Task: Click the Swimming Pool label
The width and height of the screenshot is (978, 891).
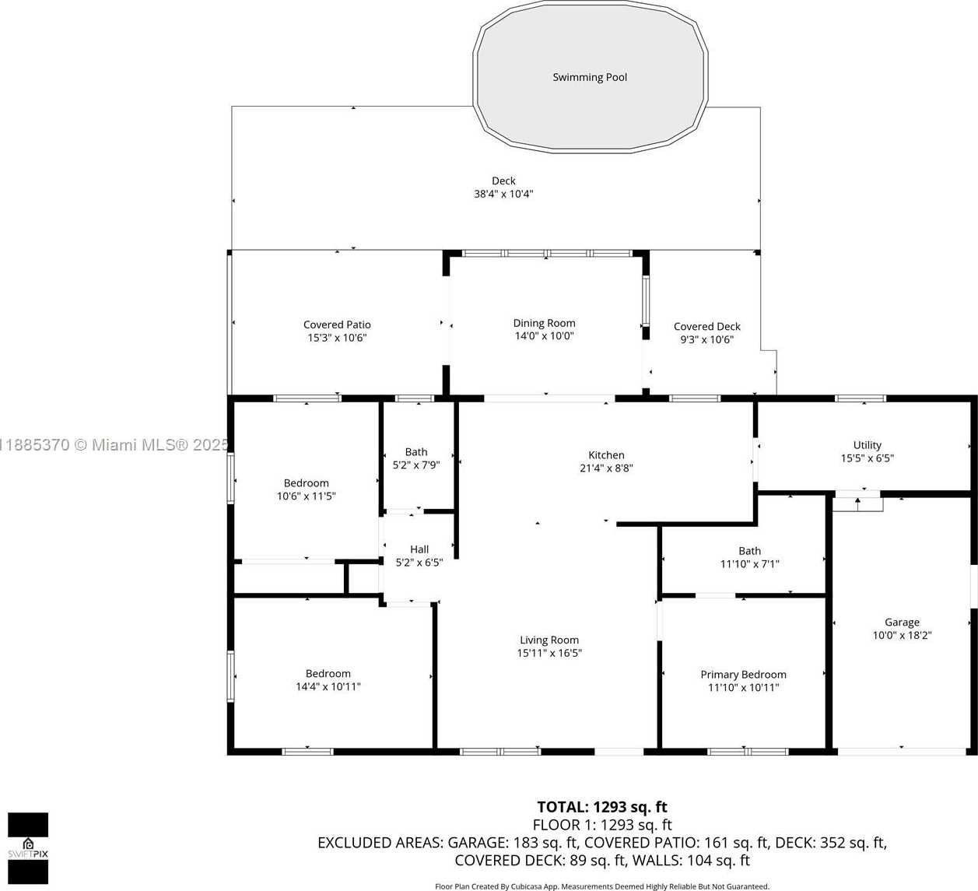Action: click(590, 77)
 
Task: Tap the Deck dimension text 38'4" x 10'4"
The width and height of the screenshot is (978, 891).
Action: click(503, 194)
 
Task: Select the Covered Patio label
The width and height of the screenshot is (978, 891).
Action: click(337, 324)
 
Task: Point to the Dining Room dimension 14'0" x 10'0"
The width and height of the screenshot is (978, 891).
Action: click(544, 335)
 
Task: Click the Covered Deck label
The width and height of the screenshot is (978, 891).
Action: click(707, 326)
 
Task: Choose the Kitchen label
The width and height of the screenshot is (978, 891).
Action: click(607, 455)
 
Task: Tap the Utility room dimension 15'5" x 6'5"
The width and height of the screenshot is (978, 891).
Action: click(868, 458)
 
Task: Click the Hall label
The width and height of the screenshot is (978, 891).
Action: click(419, 549)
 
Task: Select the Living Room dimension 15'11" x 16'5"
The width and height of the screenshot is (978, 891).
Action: click(549, 653)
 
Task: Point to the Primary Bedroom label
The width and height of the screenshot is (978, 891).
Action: click(744, 675)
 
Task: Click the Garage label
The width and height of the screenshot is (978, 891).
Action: click(902, 623)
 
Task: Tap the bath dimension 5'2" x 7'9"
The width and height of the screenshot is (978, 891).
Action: click(416, 465)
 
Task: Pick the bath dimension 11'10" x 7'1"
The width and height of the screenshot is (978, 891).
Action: click(750, 564)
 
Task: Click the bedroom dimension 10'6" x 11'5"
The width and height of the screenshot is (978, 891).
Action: click(307, 496)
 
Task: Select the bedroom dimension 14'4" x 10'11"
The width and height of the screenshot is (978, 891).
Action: click(328, 686)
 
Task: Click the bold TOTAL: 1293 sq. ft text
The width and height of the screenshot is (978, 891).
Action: click(602, 807)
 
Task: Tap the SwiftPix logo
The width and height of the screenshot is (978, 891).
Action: click(28, 848)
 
